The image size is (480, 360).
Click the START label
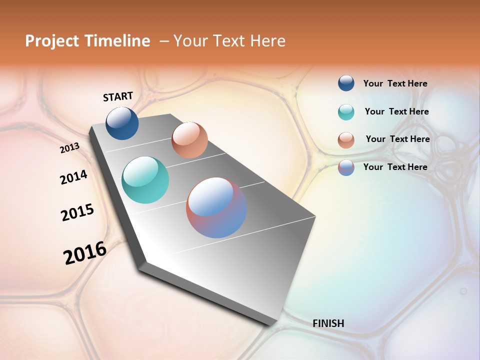point(118,96)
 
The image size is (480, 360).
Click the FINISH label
point(328,323)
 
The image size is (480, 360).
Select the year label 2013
point(70,148)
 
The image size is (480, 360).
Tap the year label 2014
point(73,177)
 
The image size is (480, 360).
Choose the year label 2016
point(85,253)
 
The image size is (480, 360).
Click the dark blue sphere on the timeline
point(122,123)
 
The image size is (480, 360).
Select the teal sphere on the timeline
point(145,180)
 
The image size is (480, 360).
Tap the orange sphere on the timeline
point(189,140)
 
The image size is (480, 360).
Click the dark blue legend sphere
point(346,83)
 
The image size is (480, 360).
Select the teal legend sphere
point(346,112)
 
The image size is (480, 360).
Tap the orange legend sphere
point(346,140)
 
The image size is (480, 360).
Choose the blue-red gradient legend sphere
point(346,167)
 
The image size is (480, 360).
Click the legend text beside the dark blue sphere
point(395,84)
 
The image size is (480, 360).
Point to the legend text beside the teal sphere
point(396,111)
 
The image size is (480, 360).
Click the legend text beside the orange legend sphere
point(397,139)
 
